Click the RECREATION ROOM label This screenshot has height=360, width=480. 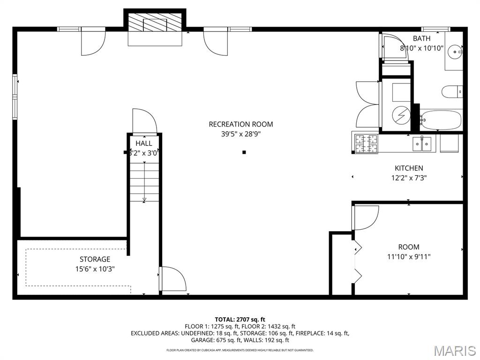pos(240,124)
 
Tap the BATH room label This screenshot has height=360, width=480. pos(421,38)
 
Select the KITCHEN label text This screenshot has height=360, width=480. pos(409,168)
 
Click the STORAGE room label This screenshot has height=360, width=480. pos(95,259)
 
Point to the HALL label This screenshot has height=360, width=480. pos(143,143)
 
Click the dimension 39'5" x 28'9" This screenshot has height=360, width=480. pos(240,134)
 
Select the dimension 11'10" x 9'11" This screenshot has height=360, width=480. pos(409,256)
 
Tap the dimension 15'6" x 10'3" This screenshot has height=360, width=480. pos(95,269)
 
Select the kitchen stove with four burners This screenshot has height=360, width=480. pos(366,144)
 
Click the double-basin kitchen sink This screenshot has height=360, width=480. pos(422,144)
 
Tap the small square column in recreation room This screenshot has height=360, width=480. pos(244,152)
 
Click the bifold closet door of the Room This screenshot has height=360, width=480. pos(357,262)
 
